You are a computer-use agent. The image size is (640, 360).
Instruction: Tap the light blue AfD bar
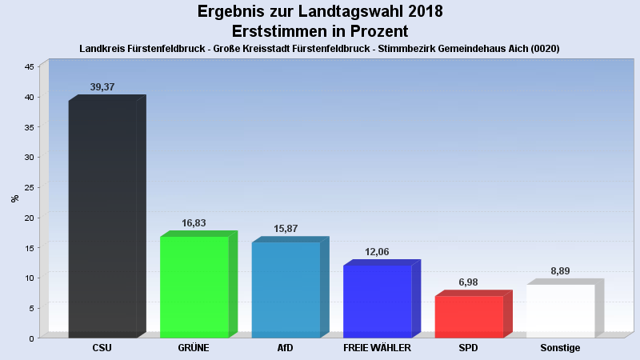[286, 290]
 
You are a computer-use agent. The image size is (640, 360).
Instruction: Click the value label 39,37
[102, 87]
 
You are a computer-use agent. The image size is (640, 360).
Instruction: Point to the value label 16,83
[194, 223]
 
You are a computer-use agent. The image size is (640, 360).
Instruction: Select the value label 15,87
[286, 229]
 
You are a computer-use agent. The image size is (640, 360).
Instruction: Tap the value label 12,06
[377, 252]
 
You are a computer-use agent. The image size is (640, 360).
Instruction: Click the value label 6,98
[469, 282]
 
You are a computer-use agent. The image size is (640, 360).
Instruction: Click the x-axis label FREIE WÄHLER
[377, 348]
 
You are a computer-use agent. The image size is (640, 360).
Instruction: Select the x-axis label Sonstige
[560, 348]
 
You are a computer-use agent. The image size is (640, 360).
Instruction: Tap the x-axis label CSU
[102, 348]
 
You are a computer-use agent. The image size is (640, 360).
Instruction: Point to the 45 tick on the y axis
[29, 67]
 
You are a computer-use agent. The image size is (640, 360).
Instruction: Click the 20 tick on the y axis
[29, 218]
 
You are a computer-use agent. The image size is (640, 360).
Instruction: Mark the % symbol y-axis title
[15, 198]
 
